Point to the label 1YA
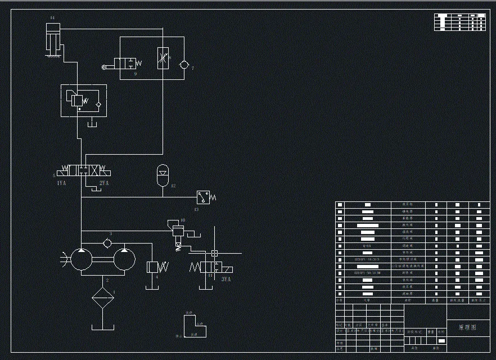pos(61,183)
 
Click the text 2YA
pos(104,183)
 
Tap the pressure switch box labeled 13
pos(203,197)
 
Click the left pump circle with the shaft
pos(81,259)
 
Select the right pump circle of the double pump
pos(124,259)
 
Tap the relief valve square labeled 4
pos(152,267)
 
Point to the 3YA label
pos(226,278)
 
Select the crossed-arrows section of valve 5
pos(96,169)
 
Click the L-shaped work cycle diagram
pos(193,326)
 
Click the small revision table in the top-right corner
pos(459,21)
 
